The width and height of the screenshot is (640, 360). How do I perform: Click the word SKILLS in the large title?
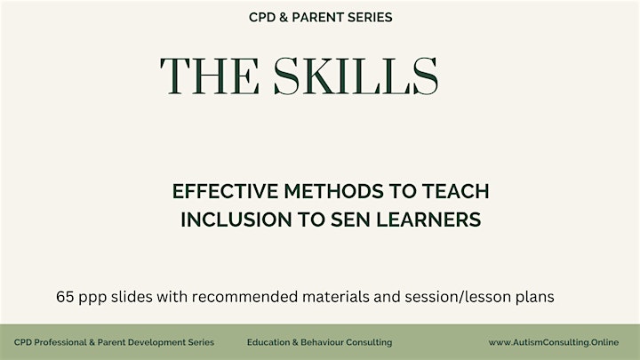click(x=356, y=76)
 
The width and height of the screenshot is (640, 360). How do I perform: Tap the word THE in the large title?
click(x=210, y=76)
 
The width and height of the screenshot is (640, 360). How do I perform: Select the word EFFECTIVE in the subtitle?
click(x=225, y=191)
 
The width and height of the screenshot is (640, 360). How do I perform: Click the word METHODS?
click(x=334, y=191)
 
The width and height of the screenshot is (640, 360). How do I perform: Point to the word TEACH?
click(x=455, y=191)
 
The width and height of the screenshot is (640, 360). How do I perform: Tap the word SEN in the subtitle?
click(x=350, y=220)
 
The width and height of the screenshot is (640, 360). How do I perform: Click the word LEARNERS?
click(x=428, y=220)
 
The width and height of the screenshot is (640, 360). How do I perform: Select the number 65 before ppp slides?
click(x=65, y=297)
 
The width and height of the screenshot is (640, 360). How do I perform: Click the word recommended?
click(x=245, y=297)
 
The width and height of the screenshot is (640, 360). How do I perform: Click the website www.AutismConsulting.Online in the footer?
click(x=554, y=342)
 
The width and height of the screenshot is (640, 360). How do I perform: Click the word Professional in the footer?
click(x=60, y=342)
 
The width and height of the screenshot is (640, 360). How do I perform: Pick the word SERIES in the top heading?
click(x=370, y=17)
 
